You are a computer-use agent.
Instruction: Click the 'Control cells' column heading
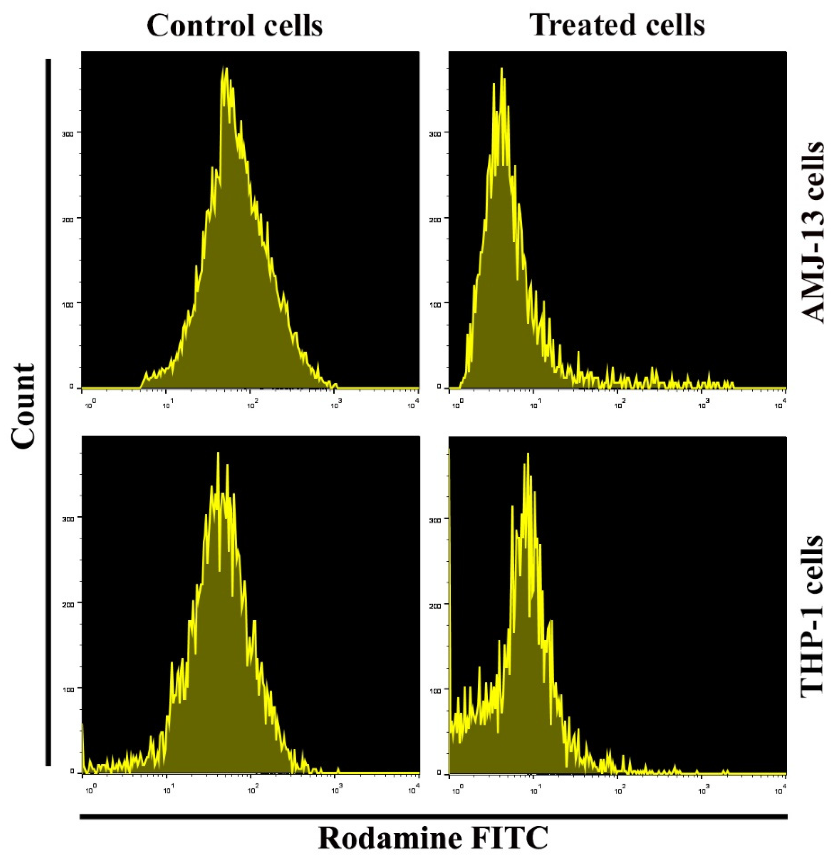tap(235, 25)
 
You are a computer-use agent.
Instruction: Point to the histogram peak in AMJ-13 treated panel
tap(502, 68)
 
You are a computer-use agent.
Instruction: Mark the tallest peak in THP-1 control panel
tap(218, 453)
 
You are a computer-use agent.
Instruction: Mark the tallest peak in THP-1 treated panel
tap(528, 454)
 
